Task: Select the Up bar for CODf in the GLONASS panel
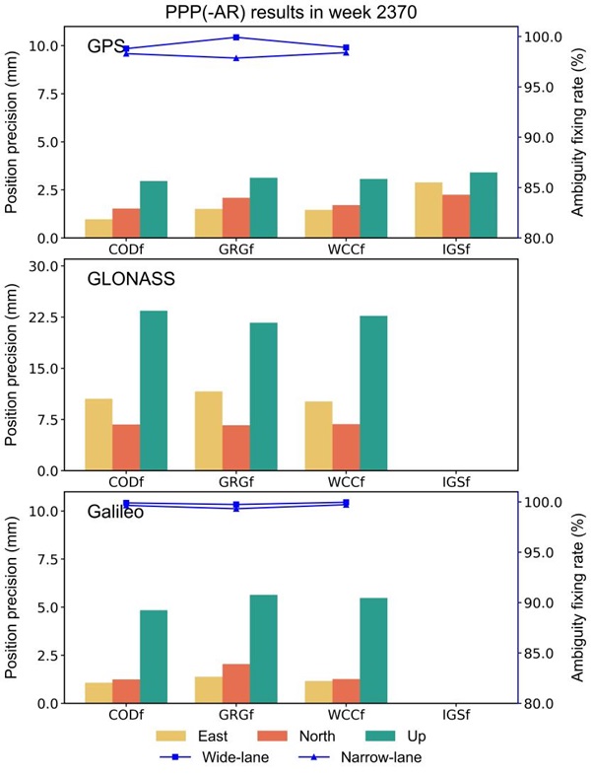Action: (154, 390)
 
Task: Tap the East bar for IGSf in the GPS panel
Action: (428, 210)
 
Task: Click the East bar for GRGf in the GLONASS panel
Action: (209, 431)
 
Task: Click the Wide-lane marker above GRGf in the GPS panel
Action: (236, 37)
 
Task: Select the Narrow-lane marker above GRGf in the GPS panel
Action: (236, 58)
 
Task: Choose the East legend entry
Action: (192, 736)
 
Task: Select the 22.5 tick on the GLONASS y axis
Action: (42, 317)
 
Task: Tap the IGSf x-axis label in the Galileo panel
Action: (456, 714)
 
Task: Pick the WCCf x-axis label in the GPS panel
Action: (347, 249)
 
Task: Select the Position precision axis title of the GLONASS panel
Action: (12, 366)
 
